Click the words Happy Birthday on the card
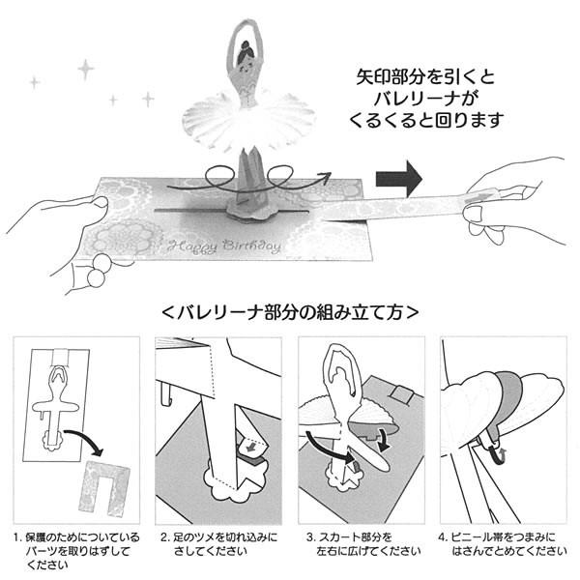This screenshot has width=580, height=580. click(223, 246)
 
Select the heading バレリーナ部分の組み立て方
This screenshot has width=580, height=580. click(289, 312)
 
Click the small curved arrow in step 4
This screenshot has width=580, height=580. click(498, 450)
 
